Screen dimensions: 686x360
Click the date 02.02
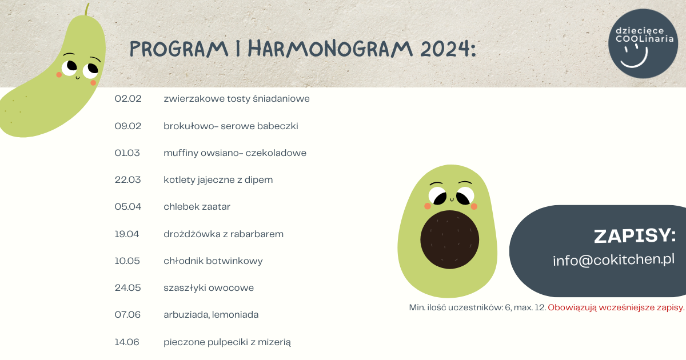128,98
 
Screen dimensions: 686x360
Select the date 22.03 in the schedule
127,179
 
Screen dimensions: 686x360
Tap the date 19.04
127,234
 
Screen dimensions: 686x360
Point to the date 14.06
127,342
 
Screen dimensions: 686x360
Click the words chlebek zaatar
197,207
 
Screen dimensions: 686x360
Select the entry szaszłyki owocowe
209,288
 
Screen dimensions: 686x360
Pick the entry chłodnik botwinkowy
213,261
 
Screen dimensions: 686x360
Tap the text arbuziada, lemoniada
211,315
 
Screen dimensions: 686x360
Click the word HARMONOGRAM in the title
330,49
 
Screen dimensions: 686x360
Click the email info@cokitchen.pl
613,260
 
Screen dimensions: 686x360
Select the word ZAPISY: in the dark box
635,236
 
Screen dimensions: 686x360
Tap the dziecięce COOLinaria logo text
644,35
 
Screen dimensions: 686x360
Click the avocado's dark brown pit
449,239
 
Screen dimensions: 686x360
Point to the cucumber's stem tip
88,5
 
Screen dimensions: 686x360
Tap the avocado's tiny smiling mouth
452,199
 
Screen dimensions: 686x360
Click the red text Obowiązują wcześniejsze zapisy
616,307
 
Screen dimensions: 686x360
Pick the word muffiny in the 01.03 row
181,153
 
